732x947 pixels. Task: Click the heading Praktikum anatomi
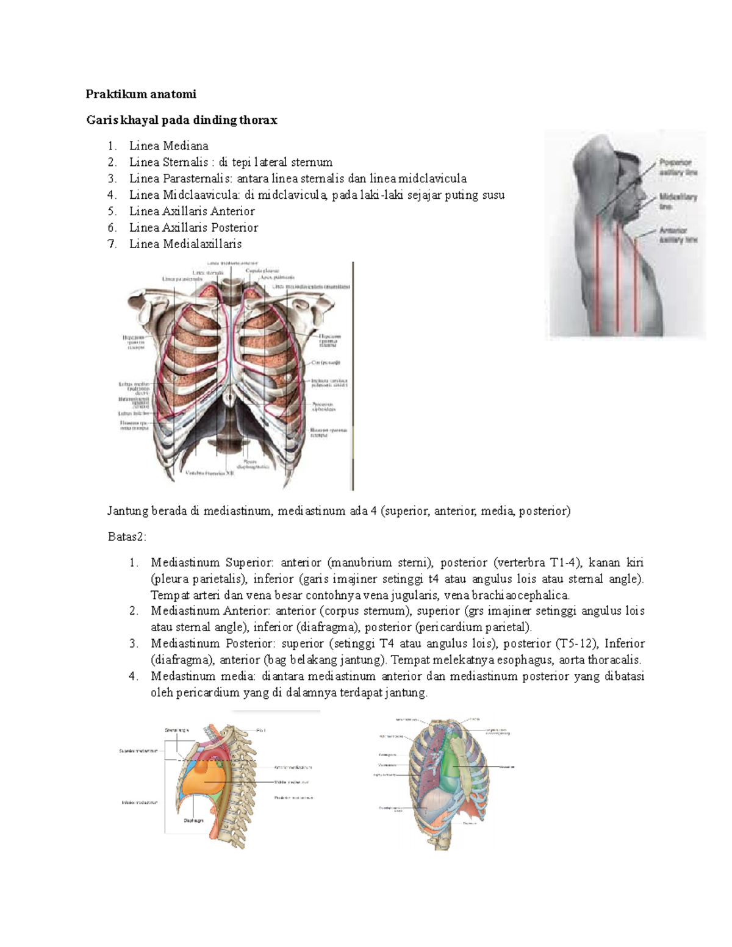click(141, 94)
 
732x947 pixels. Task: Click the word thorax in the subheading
click(258, 120)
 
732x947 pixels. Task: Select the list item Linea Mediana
click(168, 146)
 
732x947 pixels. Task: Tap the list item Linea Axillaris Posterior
click(193, 227)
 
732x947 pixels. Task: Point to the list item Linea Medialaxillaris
click(185, 244)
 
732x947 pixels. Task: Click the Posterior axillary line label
click(678, 168)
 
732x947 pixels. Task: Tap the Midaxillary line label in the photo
click(678, 202)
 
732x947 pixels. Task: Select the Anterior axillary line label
click(678, 235)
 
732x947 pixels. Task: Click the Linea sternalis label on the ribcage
click(208, 273)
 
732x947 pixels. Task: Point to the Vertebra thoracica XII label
click(210, 473)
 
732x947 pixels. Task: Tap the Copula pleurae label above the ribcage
click(262, 270)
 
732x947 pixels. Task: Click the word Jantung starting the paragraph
click(127, 511)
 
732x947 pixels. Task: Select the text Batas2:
click(127, 537)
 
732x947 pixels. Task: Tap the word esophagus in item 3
click(518, 660)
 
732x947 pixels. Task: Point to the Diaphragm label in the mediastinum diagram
click(193, 821)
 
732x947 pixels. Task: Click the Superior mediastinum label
click(138, 751)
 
